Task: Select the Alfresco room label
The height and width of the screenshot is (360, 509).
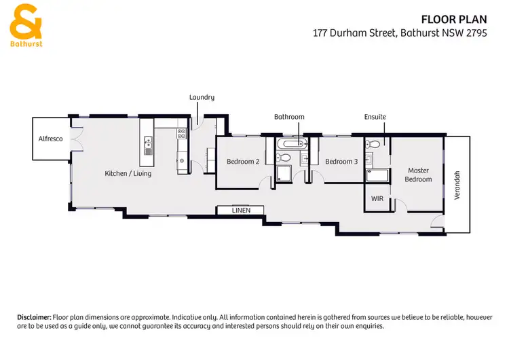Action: point(50,139)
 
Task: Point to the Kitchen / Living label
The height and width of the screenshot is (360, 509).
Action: point(128,174)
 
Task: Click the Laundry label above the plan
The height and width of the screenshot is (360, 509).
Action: point(202,97)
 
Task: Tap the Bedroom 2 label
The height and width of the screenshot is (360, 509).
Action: point(243,162)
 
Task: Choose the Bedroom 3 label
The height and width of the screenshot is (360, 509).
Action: point(341,162)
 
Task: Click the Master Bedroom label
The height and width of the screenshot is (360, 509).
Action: point(418,175)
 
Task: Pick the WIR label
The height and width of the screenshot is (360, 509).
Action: point(377,199)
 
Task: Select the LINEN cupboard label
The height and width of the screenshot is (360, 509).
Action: point(241,211)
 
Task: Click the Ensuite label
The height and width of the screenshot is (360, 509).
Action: point(375,117)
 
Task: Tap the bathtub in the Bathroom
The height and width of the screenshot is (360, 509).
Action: point(293,144)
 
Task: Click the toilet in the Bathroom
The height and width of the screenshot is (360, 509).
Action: point(284,158)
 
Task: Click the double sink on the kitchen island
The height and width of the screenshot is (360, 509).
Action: point(148,143)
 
